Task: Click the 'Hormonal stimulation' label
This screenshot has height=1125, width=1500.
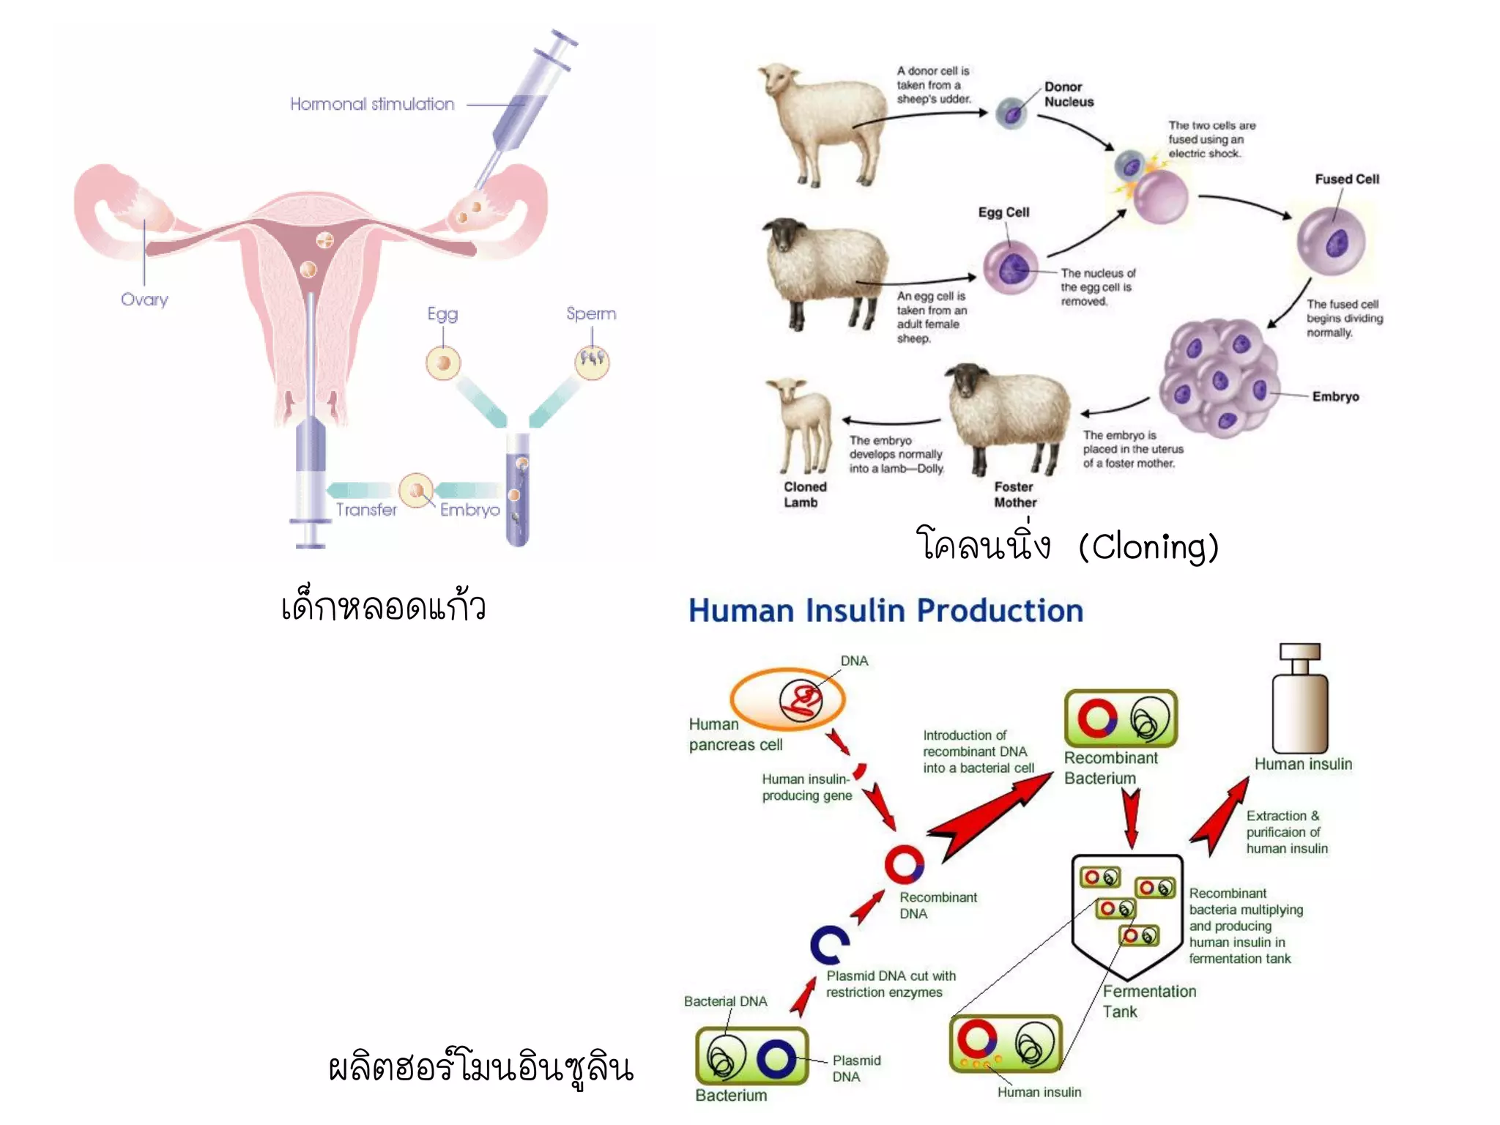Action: pos(372,104)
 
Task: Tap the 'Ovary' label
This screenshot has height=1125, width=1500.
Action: pos(144,300)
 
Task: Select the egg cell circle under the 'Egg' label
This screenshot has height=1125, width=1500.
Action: pos(443,363)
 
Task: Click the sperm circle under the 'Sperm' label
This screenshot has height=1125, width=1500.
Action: pos(592,361)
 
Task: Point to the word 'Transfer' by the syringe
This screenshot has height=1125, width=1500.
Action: pos(366,510)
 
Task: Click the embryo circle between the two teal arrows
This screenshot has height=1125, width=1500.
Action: pos(417,490)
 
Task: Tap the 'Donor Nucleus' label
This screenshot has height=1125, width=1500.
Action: pos(1069,94)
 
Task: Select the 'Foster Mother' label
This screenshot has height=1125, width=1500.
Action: pos(1015,494)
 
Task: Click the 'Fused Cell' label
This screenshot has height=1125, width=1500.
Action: pos(1346,179)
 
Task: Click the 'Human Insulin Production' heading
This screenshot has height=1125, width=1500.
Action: pos(885,611)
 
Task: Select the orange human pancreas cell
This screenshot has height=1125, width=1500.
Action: pos(787,699)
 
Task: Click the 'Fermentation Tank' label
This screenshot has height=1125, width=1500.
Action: pos(1149,1001)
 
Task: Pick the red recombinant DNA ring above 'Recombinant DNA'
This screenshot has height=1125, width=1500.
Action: pos(904,864)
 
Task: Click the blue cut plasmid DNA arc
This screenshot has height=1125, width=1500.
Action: pos(829,945)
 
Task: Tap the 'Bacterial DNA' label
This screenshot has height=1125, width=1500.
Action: pos(725,1001)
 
